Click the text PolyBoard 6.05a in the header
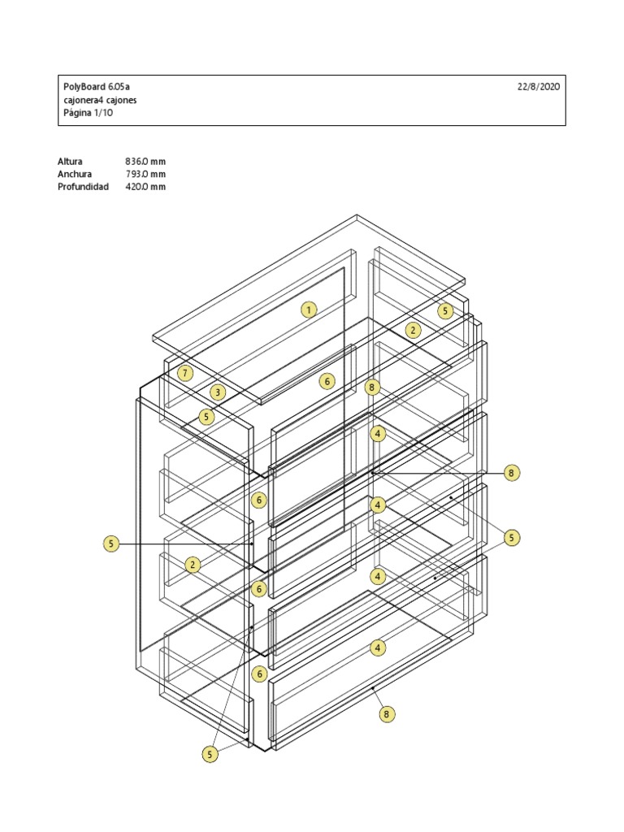97,86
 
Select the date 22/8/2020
538,86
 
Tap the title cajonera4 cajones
100,100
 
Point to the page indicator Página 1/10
89,114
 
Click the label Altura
70,161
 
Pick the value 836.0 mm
145,161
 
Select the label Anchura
74,174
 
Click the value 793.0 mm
145,174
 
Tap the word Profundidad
83,187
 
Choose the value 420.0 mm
145,187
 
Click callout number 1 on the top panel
309,309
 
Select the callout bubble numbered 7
186,374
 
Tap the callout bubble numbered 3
217,392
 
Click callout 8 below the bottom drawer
387,714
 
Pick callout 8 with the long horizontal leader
511,473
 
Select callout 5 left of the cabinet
111,544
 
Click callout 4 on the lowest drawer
378,648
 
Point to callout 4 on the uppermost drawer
378,434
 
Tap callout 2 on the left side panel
193,565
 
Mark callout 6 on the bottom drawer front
259,674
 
